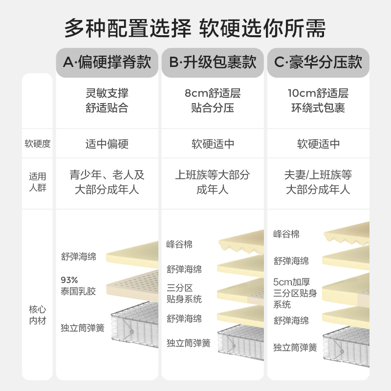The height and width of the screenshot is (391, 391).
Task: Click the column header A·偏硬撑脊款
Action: coord(107,62)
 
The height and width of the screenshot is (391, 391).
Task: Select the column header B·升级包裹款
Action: coord(213,62)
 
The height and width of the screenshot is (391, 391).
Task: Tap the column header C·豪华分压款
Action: coord(318,62)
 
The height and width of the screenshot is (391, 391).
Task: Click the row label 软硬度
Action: coord(38,144)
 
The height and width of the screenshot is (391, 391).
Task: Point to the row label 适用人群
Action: coord(38,181)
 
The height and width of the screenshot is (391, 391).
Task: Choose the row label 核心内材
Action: coord(38,315)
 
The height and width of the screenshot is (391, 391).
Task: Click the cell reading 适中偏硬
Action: coord(107,144)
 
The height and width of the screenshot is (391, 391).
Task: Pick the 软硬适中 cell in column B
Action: coord(213,144)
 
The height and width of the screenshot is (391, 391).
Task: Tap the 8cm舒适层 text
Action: coord(213,93)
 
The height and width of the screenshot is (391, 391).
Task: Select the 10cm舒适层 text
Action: coord(318,93)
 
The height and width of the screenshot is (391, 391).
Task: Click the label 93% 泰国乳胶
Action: coord(78,286)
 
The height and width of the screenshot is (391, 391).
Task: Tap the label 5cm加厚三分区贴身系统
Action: coord(295,293)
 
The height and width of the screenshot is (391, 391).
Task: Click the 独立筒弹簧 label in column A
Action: coord(83,328)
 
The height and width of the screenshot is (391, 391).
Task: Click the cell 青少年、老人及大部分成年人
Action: coord(107,182)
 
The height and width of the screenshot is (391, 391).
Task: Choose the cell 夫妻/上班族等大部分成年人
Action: coord(318,182)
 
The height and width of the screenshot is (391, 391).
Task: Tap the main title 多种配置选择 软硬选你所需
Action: coord(195,28)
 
